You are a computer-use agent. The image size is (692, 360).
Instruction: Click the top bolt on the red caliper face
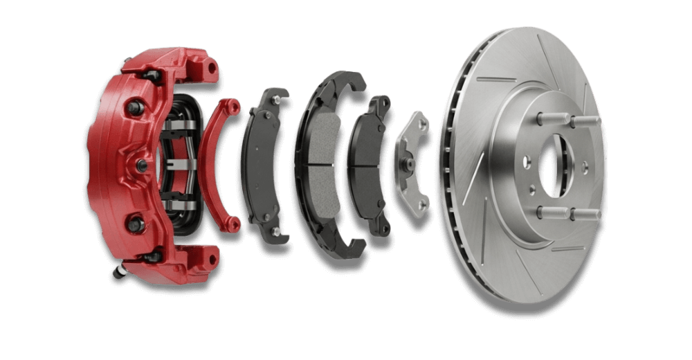point(134,107)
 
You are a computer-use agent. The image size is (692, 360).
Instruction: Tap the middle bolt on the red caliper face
point(141,164)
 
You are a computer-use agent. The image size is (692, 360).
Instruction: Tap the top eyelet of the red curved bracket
point(233,107)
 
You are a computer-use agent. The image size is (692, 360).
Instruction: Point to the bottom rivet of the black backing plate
point(276,231)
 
